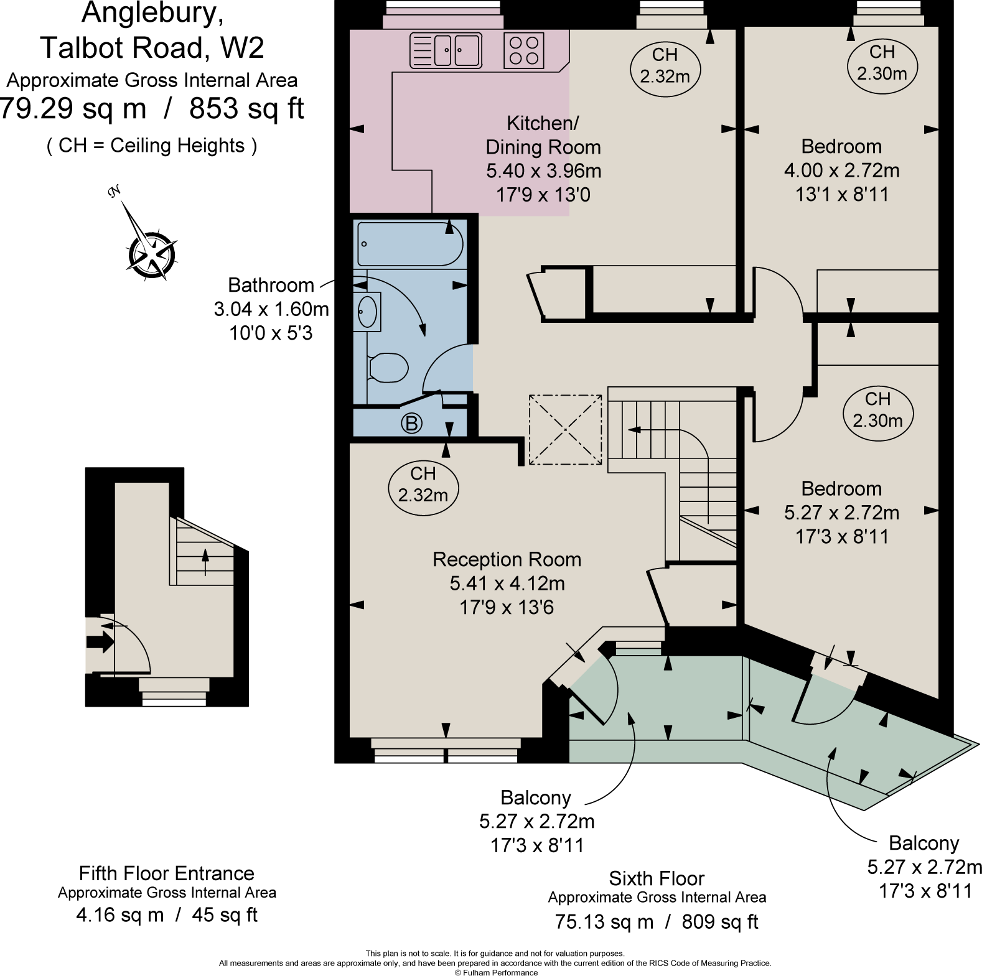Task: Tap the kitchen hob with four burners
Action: pos(524,50)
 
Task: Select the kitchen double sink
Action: pos(446,50)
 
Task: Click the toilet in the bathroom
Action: pos(387,367)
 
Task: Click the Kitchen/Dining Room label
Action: pos(543,135)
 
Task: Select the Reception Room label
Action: pos(507,559)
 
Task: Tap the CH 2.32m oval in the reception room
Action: pos(423,485)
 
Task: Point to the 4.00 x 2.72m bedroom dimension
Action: pos(841,170)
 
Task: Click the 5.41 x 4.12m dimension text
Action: pos(507,583)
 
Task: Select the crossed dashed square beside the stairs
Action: pos(566,429)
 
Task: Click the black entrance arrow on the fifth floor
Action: pos(100,642)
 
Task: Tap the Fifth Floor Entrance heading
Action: pos(167,873)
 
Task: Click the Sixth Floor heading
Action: pos(657,878)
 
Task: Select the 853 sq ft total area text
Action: pos(246,109)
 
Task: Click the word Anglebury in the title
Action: pos(153,14)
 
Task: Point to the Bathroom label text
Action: pos(271,285)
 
